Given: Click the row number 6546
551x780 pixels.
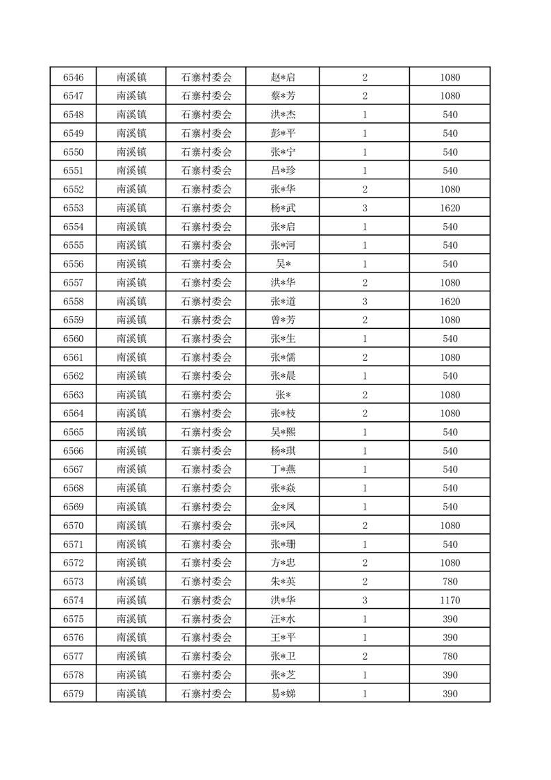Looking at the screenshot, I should (73, 77).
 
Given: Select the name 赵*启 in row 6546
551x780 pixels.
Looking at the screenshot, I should (283, 77).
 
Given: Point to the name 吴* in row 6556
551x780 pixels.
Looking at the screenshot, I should (283, 264).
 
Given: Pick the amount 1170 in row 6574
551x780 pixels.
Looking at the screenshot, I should (450, 600).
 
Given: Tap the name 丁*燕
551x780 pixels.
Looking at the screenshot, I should (283, 469).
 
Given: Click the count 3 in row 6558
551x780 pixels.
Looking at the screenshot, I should (364, 301).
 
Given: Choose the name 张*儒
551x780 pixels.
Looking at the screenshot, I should (283, 357).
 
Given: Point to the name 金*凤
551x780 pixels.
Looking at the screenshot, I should (283, 507).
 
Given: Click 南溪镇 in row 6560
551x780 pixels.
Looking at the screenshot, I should (131, 339).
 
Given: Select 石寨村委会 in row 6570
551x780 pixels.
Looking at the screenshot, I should (206, 526).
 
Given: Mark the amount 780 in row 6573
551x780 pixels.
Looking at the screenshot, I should (450, 581).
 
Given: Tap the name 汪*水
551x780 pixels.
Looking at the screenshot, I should (283, 619).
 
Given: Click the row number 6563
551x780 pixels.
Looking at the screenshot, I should (73, 395).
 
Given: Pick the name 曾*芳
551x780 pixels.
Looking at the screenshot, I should (283, 320).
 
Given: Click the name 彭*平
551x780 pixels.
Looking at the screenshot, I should (283, 133).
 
